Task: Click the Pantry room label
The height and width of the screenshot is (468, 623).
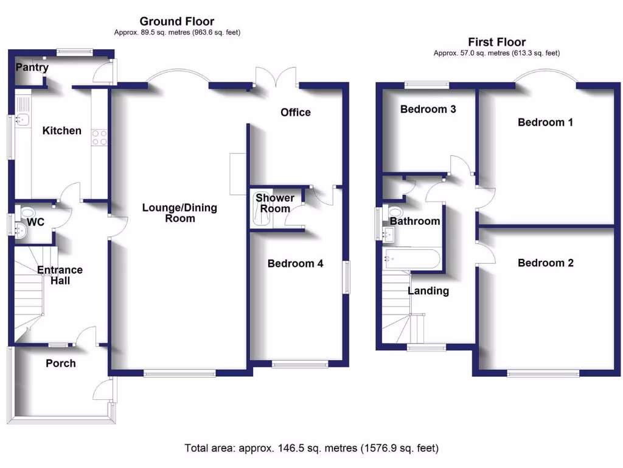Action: click(32, 67)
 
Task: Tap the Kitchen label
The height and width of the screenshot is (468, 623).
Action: click(61, 130)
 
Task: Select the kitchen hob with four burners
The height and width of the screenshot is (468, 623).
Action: click(99, 138)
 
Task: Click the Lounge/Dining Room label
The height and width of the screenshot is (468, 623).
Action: click(179, 213)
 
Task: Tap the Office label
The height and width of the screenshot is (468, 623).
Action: click(296, 112)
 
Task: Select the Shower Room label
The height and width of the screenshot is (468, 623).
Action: click(274, 203)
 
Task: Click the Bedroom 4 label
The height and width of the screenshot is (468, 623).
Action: click(296, 263)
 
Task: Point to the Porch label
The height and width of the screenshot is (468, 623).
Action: click(61, 363)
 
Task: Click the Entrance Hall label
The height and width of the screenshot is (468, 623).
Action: click(60, 275)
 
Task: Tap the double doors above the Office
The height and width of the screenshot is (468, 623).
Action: click(276, 79)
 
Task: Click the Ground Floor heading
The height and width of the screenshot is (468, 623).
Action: click(177, 22)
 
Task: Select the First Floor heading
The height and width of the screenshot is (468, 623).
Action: click(496, 42)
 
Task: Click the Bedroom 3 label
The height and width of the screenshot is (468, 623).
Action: click(428, 109)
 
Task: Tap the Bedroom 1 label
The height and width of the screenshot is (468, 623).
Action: click(545, 122)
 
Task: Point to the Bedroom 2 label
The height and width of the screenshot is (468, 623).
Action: click(545, 263)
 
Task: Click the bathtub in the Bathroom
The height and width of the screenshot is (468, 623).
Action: click(411, 259)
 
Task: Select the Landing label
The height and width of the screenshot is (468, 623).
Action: click(428, 291)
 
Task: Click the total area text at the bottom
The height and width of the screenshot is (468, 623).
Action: click(311, 448)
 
